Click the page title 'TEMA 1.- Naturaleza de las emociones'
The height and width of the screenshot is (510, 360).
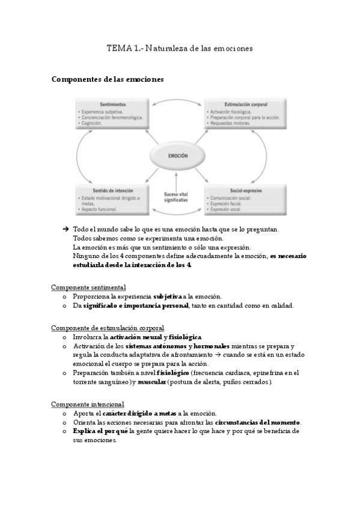tap(180, 48)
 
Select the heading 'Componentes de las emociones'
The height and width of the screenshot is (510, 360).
tap(108, 79)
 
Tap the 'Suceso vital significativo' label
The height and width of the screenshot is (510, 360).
tap(176, 197)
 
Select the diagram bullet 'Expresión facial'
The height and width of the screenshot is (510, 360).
tap(228, 203)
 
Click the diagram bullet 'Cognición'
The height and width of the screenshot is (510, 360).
tap(94, 123)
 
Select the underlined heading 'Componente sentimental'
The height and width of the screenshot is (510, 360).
tap(88, 287)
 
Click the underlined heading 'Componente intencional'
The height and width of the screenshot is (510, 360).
tap(88, 404)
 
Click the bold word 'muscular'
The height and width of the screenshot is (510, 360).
tap(151, 382)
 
